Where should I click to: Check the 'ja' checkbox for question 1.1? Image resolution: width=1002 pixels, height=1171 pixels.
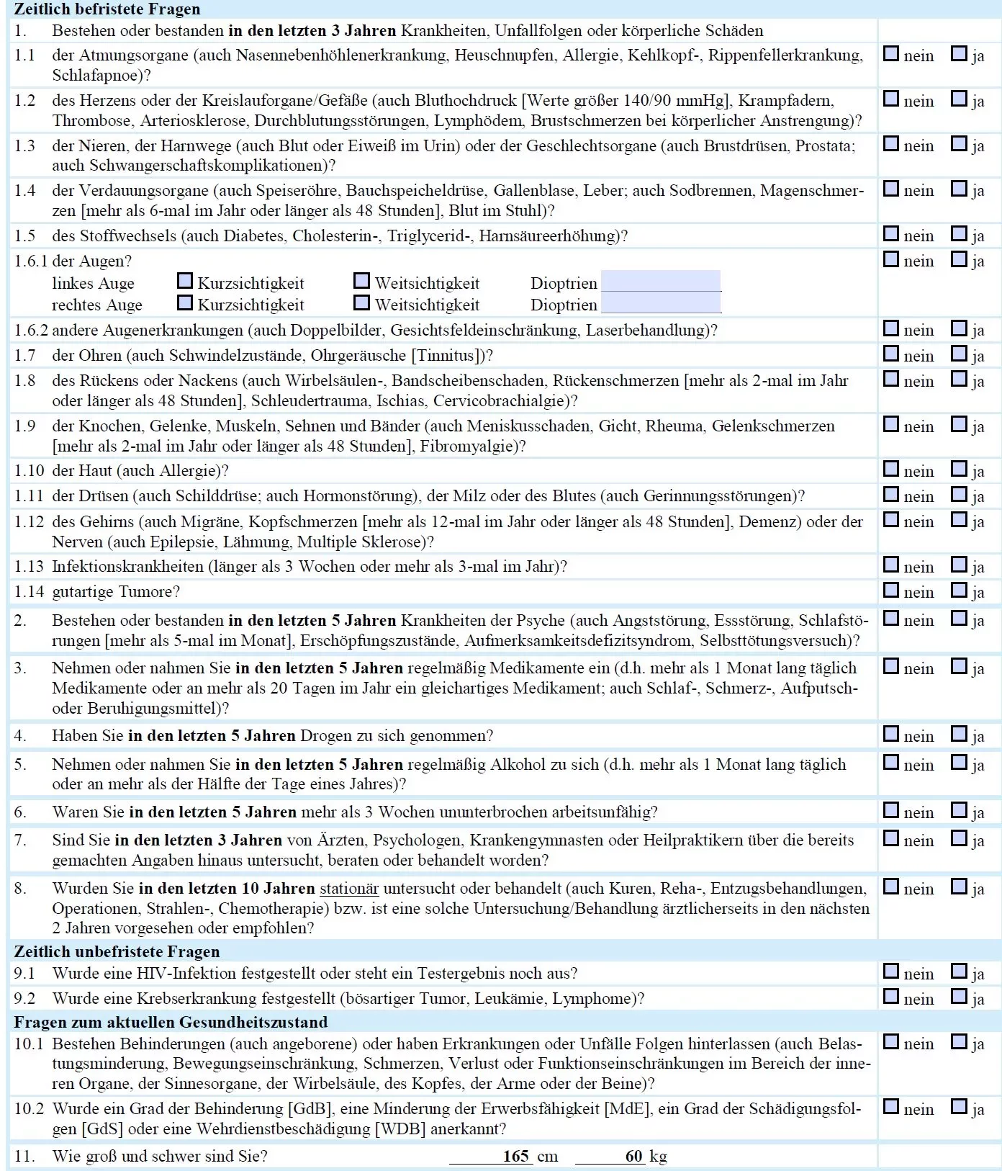coord(958,54)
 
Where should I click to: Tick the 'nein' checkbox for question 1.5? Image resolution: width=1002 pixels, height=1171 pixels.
coord(891,234)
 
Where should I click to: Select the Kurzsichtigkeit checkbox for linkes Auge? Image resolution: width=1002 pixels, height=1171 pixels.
coord(184,281)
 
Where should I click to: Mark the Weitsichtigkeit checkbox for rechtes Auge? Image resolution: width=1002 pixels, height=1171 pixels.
coord(361,302)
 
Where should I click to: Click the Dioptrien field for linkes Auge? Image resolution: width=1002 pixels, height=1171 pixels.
coord(661,281)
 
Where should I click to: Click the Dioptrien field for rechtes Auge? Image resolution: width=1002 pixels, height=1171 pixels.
coord(661,303)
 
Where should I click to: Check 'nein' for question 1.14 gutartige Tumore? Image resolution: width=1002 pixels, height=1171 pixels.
coord(891,591)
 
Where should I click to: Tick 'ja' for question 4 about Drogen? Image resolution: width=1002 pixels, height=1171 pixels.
coord(958,735)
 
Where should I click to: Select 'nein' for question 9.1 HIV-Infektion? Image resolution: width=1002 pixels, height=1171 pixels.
coord(891,972)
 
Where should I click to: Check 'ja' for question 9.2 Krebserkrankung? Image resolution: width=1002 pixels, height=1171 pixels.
coord(958,997)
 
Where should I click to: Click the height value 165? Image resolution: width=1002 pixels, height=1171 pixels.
coord(516,1156)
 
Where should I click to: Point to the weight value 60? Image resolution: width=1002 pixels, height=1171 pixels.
coord(633,1156)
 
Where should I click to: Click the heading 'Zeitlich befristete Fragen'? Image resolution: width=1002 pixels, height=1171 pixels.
coord(107,9)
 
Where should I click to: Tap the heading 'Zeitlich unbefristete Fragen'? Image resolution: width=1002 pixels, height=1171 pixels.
coord(117,952)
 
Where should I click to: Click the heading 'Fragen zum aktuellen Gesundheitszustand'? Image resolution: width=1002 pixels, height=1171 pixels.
coord(171,1022)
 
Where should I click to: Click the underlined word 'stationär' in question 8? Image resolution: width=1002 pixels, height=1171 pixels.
coord(349,889)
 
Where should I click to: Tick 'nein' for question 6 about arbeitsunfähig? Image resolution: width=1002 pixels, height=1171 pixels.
coord(891,811)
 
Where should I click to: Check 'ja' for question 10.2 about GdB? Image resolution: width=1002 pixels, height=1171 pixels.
coord(958,1108)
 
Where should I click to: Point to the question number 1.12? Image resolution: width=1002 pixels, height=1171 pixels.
coord(29,521)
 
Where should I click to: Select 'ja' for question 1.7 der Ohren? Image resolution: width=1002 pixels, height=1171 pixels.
coord(958,354)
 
